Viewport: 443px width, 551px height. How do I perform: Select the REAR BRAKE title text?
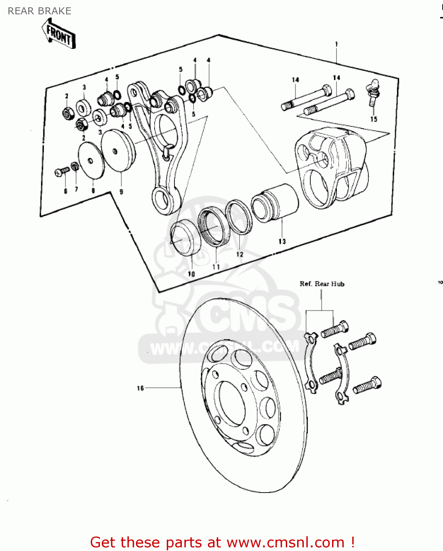39,11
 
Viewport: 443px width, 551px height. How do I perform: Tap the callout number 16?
140,388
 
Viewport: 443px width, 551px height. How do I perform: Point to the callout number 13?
282,241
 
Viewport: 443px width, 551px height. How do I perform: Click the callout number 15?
373,119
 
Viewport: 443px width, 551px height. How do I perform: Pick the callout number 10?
191,274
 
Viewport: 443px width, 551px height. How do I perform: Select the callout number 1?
336,44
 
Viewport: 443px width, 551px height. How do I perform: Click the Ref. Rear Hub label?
322,284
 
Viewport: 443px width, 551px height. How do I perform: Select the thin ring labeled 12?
239,217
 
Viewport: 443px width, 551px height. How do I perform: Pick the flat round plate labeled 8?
91,161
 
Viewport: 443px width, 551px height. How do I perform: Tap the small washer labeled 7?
75,167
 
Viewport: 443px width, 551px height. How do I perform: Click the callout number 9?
121,191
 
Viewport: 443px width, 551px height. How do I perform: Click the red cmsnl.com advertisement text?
222,542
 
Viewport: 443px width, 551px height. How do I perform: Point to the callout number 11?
216,267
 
